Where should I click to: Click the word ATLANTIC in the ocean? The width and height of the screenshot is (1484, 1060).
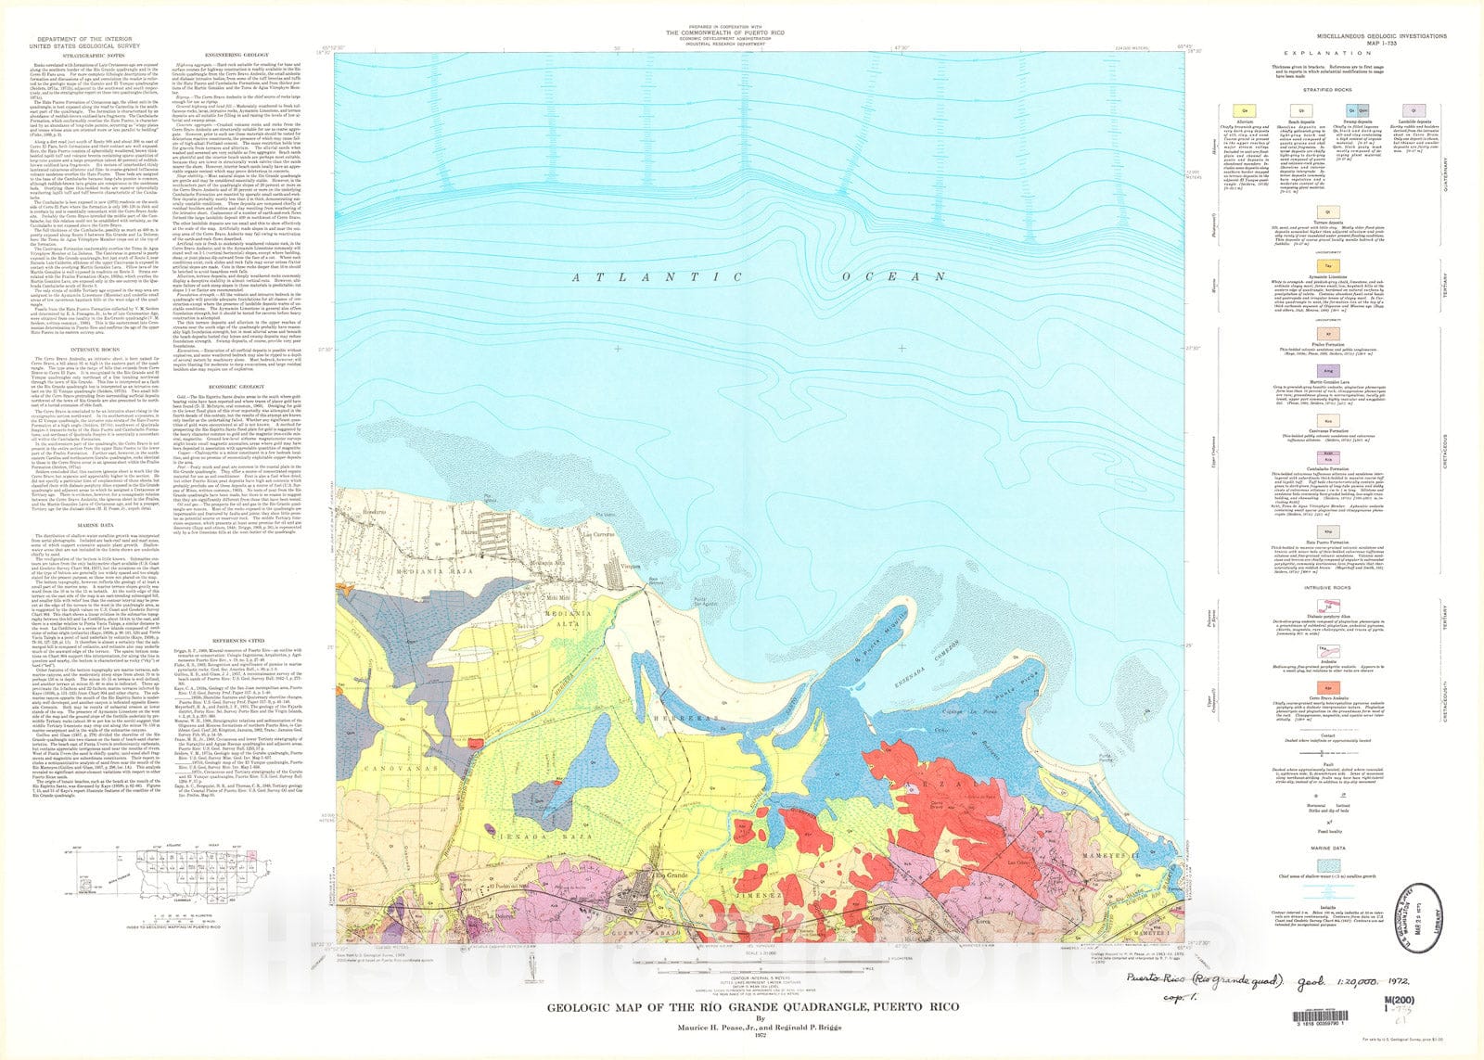coord(657,277)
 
